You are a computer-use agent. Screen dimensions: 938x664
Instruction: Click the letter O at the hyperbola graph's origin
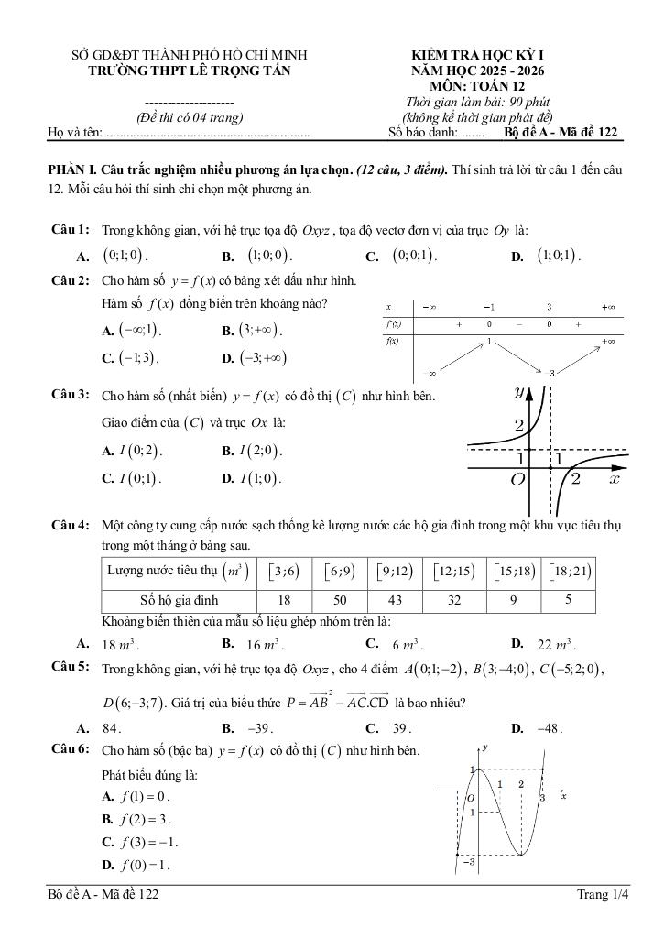(517, 479)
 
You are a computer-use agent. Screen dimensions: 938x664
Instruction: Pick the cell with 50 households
(340, 601)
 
